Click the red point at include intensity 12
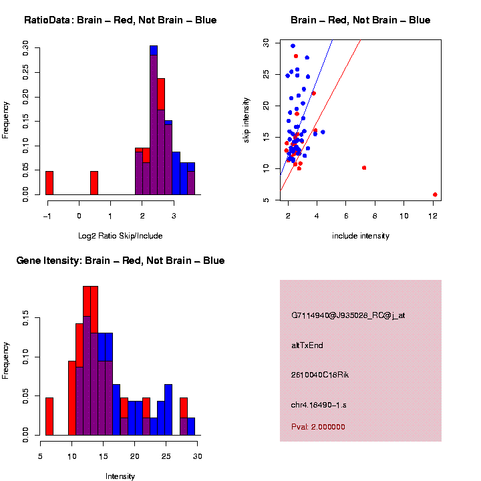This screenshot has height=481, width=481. point(435,194)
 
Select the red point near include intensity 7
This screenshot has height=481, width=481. point(364,168)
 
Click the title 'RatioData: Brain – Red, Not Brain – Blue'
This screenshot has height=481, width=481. point(120,20)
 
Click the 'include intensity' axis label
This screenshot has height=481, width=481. point(361,236)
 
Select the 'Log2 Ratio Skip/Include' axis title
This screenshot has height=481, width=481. point(120,235)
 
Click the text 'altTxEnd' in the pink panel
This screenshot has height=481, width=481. point(307,345)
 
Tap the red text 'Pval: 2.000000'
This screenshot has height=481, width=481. point(318,427)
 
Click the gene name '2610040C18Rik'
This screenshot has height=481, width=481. point(320,375)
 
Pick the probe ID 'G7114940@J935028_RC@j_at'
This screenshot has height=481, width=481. point(348,315)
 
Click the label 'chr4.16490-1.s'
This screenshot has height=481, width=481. point(319,405)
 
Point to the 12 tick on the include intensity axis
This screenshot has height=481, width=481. point(433,216)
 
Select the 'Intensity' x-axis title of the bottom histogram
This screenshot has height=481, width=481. point(120,476)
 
